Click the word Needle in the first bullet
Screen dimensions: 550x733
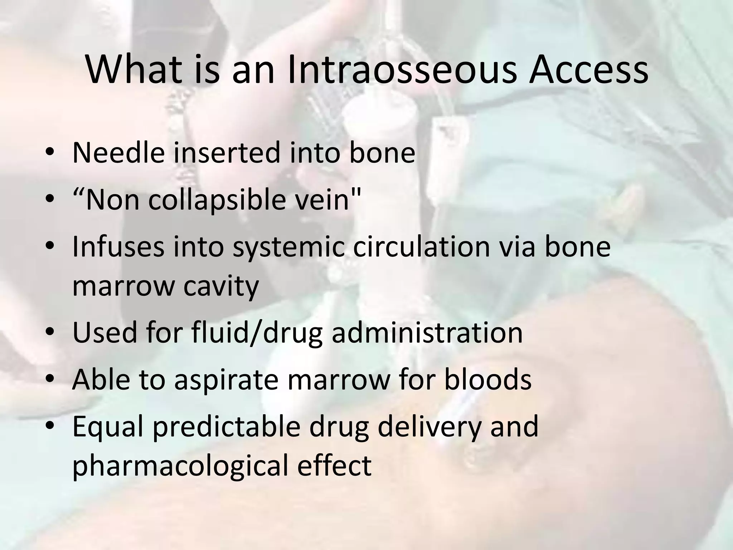[x=118, y=153]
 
